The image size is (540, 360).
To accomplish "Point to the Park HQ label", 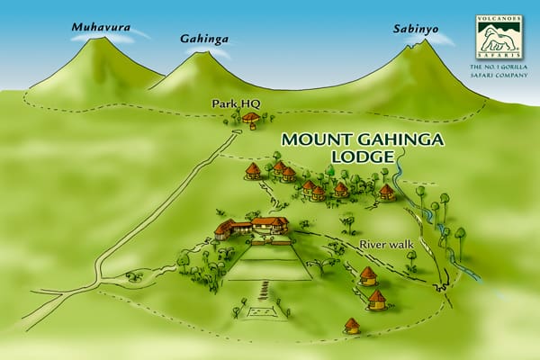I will pos(229,105).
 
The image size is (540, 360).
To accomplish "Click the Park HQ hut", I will pos(251,118).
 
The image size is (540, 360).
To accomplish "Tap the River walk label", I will pos(383,244).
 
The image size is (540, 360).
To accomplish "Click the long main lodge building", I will pos(251,226).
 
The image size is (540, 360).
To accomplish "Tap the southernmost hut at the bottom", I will pos(352,325).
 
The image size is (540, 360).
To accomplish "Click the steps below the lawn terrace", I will pos(264,291).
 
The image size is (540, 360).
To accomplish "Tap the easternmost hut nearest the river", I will pos(386,192).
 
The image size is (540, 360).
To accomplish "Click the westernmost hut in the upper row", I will pos(254,169).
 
